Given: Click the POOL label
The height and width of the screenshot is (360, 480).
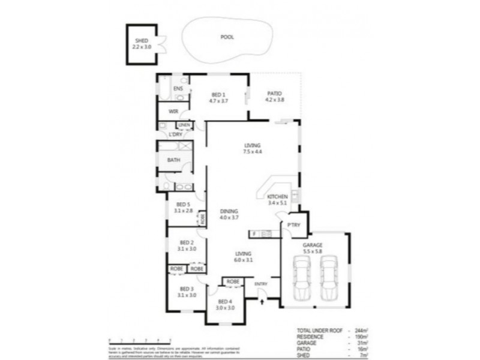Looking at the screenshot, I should point(227,37).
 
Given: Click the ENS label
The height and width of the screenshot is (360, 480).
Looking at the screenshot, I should point(178,89).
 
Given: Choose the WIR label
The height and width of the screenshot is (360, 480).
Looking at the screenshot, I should point(173,112).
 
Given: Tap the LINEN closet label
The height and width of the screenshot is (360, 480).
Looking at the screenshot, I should point(184,125).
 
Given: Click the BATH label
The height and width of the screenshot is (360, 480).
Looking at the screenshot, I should point(173,160).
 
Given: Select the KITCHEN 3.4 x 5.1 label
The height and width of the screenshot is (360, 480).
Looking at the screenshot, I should point(278,200).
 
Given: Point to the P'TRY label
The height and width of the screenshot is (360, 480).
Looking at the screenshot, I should point(293,225).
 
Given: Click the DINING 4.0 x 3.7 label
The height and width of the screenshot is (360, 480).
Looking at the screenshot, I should point(229,214).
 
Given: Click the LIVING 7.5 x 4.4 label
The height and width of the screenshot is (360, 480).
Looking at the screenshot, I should point(253,149).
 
